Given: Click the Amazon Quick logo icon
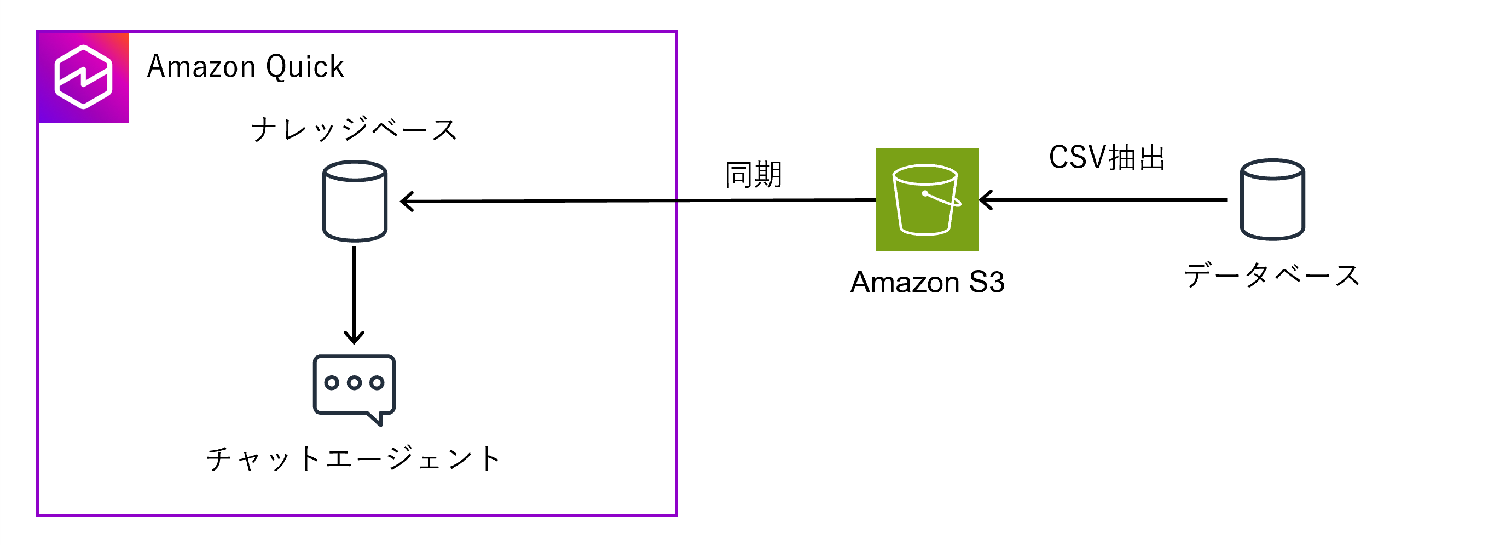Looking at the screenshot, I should click(x=83, y=77).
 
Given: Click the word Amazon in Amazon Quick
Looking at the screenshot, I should click(x=201, y=66).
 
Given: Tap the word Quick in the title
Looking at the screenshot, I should click(x=305, y=67).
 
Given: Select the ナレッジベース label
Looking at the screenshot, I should click(x=354, y=129).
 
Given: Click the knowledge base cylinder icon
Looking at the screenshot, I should click(x=355, y=200).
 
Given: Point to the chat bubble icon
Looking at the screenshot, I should click(x=354, y=387).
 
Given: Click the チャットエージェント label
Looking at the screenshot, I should click(x=354, y=460).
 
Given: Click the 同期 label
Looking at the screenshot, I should click(x=753, y=175).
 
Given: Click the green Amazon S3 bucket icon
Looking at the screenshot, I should click(x=927, y=200).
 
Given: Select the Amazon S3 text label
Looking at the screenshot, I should click(x=927, y=283).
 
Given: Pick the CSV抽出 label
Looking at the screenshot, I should click(x=1107, y=157).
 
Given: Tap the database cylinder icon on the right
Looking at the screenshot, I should click(x=1272, y=199).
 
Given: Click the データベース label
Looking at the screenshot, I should click(x=1272, y=276).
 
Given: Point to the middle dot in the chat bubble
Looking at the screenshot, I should click(x=354, y=383).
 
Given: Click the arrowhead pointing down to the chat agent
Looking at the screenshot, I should click(x=354, y=337).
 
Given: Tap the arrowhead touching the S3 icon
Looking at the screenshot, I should click(x=986, y=200).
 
